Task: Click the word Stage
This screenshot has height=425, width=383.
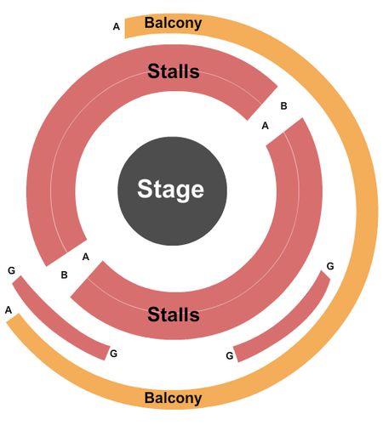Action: coord(170,189)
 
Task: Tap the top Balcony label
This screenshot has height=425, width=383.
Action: coord(173,23)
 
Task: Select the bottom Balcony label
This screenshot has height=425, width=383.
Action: coord(173,398)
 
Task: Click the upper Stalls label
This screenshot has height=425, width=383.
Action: coord(174,71)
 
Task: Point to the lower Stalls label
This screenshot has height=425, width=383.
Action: coord(174,314)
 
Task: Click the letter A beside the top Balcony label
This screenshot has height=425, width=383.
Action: coord(117,26)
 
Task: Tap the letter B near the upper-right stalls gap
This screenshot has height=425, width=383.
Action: coord(283,106)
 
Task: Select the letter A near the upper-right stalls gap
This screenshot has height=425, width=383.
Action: coord(265,126)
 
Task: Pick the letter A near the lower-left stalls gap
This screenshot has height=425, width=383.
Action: coord(86,257)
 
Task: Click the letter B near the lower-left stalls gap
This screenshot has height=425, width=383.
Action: coord(65,275)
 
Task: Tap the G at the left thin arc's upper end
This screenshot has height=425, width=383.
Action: coord(11,270)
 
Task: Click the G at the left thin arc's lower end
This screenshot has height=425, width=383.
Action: coord(113,354)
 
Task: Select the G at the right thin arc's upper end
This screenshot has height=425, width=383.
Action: coord(330,266)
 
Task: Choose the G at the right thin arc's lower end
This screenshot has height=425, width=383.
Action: coord(230,355)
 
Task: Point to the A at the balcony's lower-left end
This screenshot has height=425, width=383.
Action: coord(9,310)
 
